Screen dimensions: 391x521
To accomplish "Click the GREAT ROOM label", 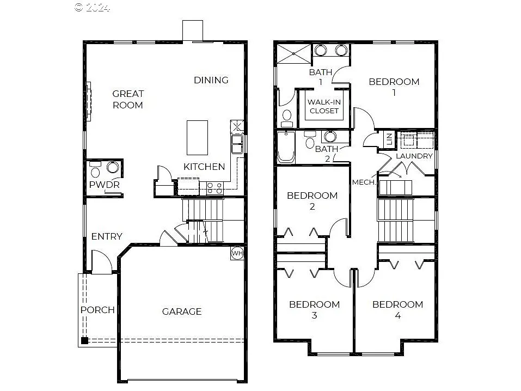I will (128, 99).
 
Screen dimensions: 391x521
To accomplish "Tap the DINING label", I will (211, 80).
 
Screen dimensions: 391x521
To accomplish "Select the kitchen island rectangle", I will (197, 138).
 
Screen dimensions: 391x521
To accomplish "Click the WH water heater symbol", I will (237, 253).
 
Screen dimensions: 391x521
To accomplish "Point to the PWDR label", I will (105, 185).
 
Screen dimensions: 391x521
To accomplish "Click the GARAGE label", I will (182, 311).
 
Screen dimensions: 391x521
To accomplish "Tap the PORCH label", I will (97, 310).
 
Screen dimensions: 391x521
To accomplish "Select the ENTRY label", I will (107, 236).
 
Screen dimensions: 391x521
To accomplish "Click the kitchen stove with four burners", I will (214, 188).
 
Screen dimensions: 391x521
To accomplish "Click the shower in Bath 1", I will (293, 53).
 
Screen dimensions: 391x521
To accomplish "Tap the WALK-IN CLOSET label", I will (324, 106).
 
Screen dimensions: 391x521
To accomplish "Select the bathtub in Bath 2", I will (286, 148).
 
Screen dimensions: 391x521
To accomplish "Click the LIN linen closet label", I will (389, 139).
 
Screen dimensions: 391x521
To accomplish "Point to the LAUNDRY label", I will (414, 156).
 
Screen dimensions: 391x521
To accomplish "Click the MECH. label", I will (364, 182).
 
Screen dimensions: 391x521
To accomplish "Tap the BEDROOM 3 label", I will (314, 309).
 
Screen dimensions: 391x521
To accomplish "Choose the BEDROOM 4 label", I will (397, 309).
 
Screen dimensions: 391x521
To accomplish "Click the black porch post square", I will (84, 341).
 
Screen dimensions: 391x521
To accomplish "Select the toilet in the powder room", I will (95, 172).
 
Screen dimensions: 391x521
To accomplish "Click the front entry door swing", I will (102, 261).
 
